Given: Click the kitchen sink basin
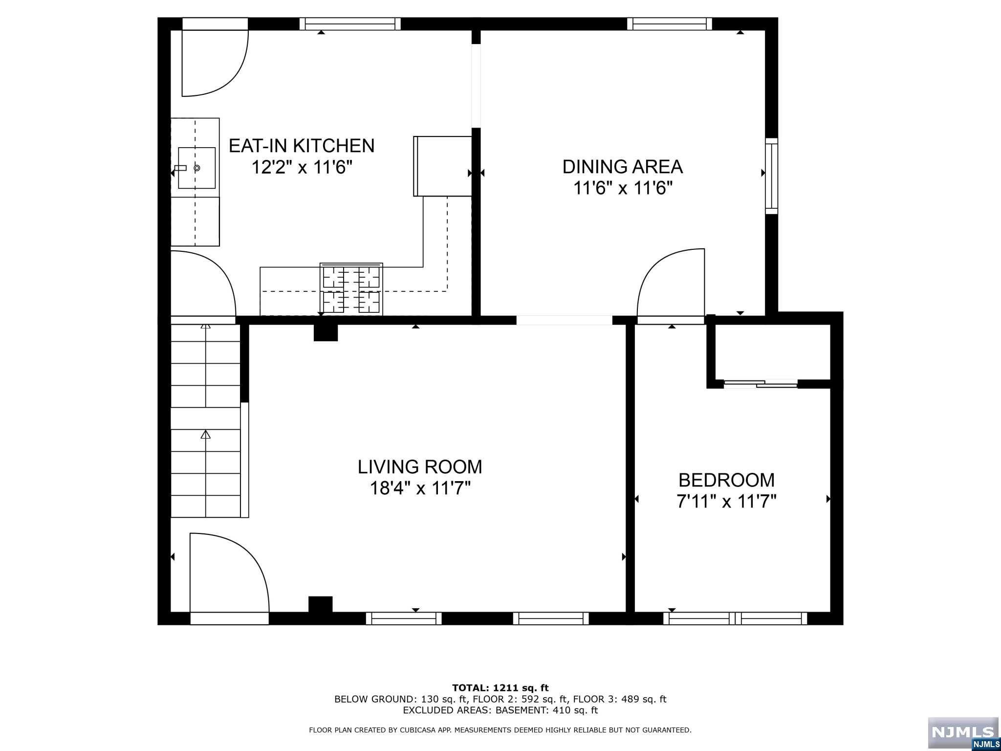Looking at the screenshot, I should click(196, 168).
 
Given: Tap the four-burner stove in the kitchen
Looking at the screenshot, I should click(351, 289).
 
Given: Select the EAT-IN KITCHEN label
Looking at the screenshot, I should click(302, 146).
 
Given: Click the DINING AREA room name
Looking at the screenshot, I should click(622, 167).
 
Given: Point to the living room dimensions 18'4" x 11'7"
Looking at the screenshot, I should click(420, 488).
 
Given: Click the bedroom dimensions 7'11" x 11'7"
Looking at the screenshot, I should click(726, 502).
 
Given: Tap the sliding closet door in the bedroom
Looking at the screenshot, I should click(760, 384).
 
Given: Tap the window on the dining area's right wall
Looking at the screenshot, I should click(771, 176).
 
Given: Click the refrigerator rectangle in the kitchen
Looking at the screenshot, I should click(442, 166).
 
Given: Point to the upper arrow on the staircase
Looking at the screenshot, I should click(206, 326).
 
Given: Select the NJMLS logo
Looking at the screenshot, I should click(963, 733).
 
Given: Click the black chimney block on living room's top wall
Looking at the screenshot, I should click(325, 332).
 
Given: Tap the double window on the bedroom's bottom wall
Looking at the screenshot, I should click(735, 618).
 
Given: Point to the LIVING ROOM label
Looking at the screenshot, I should click(420, 467).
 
